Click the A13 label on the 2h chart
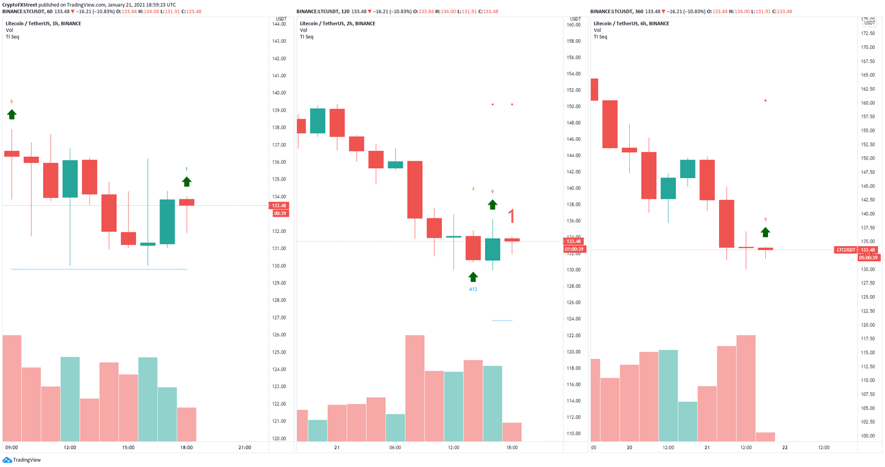(473, 289)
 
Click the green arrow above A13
(473, 277)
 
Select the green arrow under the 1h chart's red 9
(12, 114)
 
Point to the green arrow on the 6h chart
(765, 232)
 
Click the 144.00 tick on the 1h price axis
(279, 24)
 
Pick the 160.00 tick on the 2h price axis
(573, 25)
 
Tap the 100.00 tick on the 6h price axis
(868, 436)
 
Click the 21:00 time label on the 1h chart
(245, 447)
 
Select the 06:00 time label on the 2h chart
(395, 447)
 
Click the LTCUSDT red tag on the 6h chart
(845, 250)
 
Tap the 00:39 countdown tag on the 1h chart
(280, 213)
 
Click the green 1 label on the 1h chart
(186, 169)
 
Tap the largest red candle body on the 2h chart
(415, 190)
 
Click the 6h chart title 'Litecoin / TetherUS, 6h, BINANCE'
(631, 24)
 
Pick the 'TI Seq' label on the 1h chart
(12, 37)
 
